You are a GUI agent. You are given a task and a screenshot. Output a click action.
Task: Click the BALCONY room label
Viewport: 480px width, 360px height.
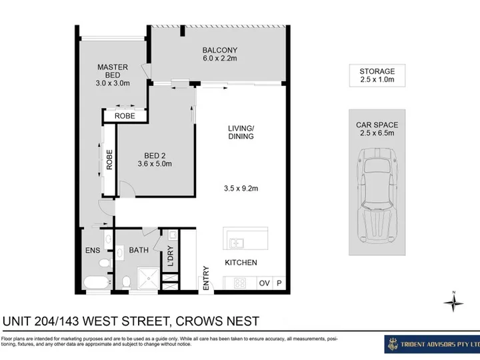click(x=220, y=50)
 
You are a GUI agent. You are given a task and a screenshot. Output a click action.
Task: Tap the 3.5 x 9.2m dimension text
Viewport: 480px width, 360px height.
click(x=241, y=188)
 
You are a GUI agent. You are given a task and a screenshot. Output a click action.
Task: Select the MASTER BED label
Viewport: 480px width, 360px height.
click(x=113, y=71)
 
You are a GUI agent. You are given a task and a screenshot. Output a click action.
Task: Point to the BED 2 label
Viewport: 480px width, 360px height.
click(x=155, y=155)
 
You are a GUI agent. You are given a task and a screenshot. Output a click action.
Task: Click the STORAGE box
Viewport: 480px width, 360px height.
click(x=377, y=75)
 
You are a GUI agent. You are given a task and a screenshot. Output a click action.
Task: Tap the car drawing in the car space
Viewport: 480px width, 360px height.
click(x=377, y=196)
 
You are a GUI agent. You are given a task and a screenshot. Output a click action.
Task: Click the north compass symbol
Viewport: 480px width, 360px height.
click(x=454, y=302)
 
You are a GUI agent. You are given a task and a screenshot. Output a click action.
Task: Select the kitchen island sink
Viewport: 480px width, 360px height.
click(x=236, y=243)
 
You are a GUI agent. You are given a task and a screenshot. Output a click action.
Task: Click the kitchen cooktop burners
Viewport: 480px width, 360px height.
click(x=240, y=283)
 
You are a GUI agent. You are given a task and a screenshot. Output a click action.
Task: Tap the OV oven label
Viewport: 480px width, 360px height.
click(x=264, y=283)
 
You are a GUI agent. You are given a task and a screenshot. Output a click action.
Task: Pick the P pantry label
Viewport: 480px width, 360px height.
click(x=279, y=283)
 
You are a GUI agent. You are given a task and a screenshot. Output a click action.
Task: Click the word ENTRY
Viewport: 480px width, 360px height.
click(x=206, y=278)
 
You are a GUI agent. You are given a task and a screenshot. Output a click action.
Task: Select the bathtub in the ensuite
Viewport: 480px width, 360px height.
click(x=96, y=283)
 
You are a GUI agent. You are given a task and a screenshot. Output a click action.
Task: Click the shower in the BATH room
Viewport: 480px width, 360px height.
click(x=148, y=278)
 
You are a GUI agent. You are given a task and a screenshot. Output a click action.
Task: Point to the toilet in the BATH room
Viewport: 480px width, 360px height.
click(x=126, y=281)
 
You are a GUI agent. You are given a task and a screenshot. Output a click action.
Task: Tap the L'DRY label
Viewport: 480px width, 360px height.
click(x=171, y=256)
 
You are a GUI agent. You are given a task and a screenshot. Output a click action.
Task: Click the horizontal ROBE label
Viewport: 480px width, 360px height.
click(x=125, y=116)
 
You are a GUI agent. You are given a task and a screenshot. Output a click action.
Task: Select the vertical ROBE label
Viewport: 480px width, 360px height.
click(x=109, y=159)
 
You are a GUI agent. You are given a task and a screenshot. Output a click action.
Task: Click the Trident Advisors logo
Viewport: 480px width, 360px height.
click(x=432, y=345)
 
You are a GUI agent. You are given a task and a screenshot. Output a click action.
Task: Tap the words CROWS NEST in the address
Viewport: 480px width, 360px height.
click(x=217, y=321)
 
